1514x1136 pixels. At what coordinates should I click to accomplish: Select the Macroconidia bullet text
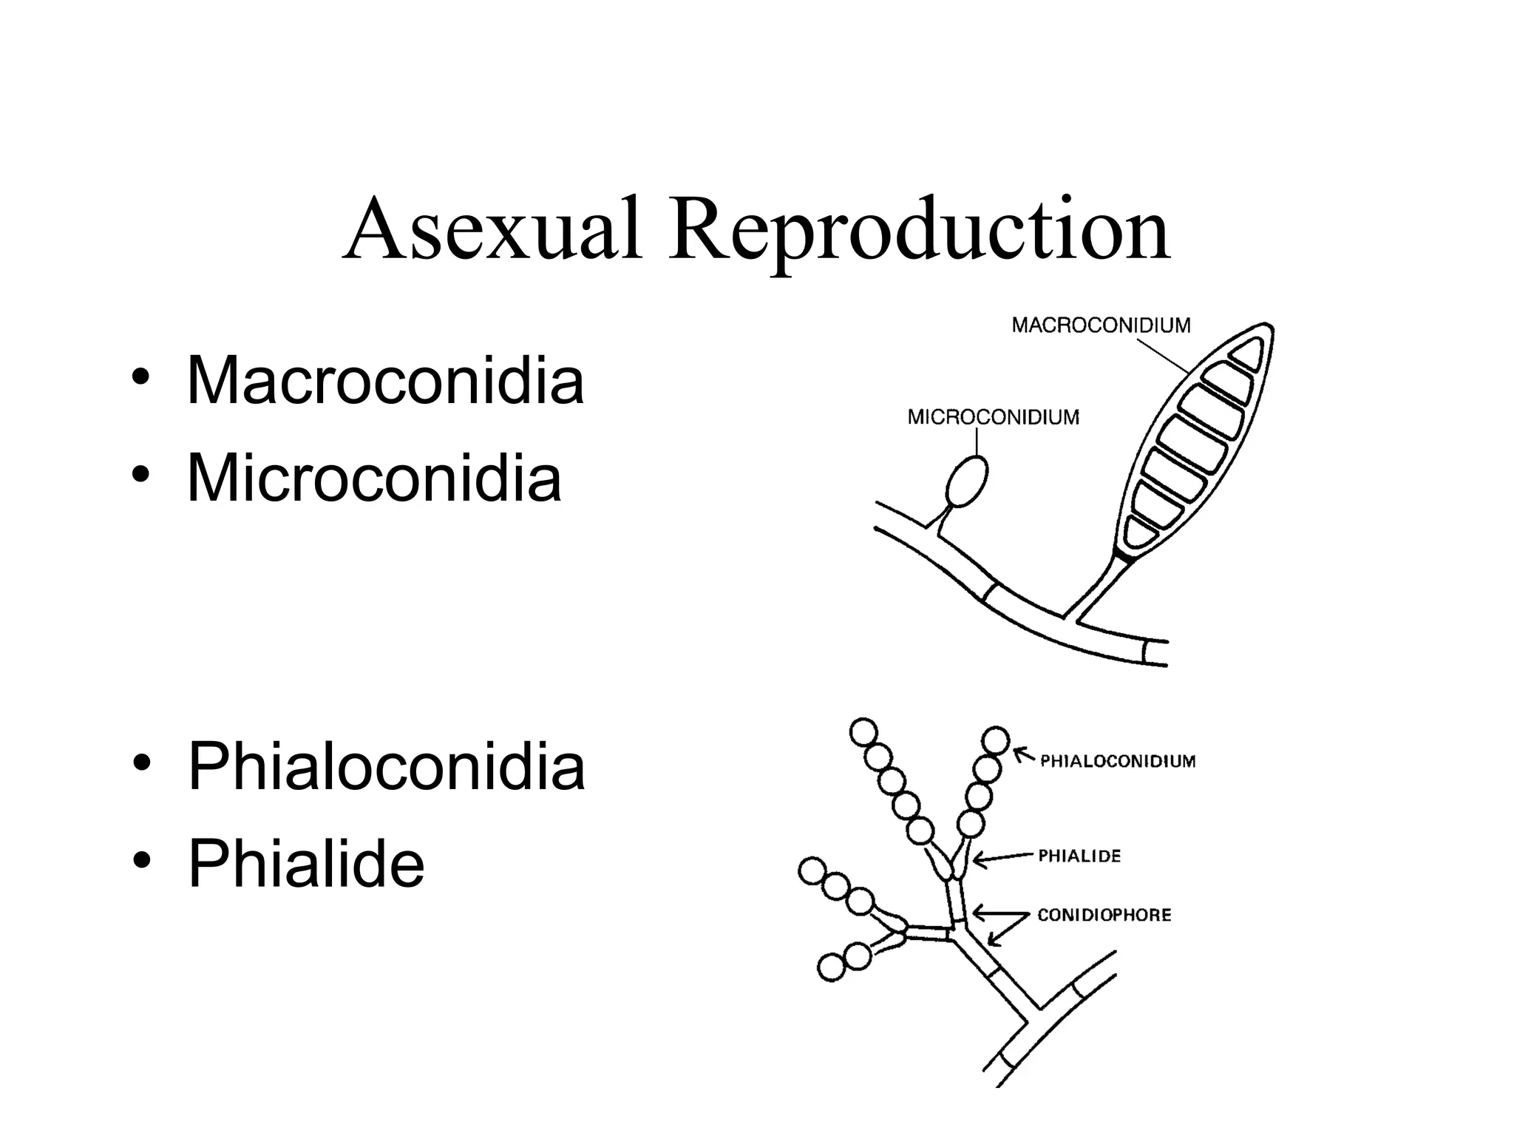385,381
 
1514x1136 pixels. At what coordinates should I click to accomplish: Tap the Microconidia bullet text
374,479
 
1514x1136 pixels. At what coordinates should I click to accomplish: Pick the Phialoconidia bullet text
386,767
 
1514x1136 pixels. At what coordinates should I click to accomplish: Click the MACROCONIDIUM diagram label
1101,325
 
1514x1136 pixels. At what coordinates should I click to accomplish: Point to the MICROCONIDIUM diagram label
993,418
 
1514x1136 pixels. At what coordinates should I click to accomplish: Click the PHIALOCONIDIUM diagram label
1118,762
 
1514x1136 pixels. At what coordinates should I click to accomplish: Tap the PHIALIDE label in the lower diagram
1079,856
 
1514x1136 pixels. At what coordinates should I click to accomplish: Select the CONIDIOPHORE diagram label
1104,916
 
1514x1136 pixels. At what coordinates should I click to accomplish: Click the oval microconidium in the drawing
966,481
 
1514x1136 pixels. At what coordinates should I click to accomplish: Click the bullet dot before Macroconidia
140,380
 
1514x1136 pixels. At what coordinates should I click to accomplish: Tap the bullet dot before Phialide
140,863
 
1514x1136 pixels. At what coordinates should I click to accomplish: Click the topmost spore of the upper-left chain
863,733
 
